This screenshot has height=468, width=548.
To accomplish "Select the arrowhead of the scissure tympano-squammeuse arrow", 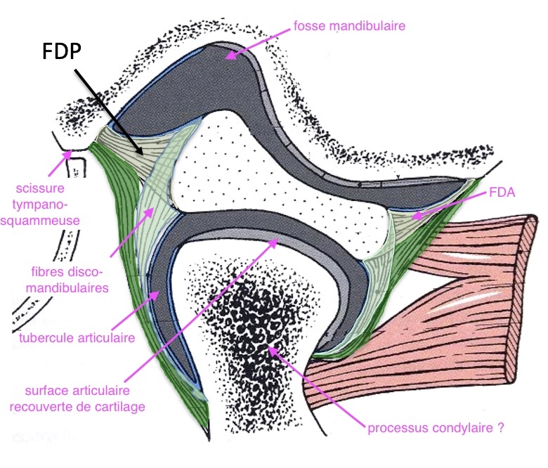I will click(x=65, y=150).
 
